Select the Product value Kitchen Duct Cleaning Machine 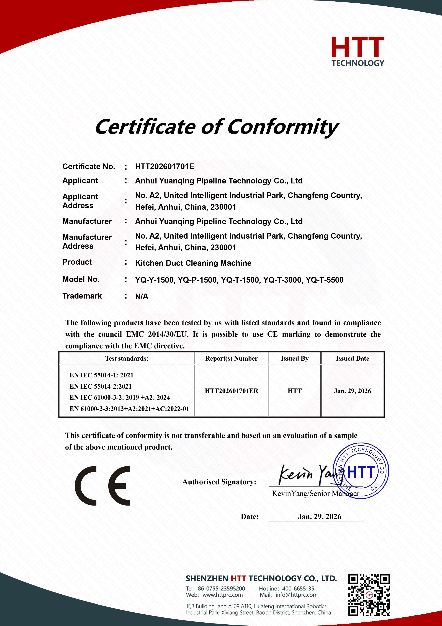coord(193,263)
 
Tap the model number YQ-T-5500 coord(324,280)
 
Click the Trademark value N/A coord(142,296)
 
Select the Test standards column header coord(127,358)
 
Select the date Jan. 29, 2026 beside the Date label coord(319,516)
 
